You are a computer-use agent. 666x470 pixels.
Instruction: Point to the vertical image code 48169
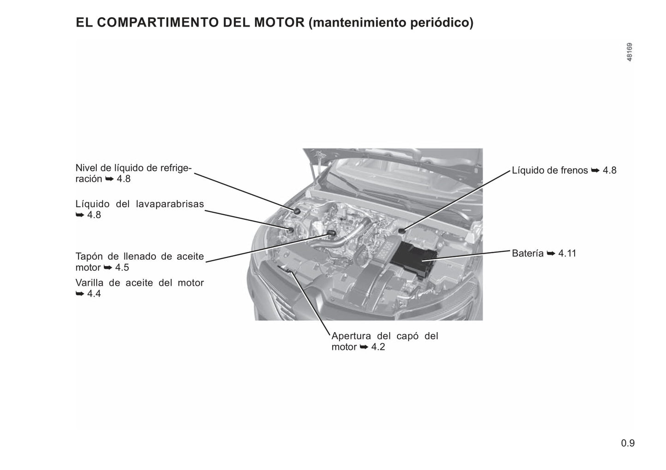point(630,52)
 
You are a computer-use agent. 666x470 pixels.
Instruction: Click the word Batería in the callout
point(527,253)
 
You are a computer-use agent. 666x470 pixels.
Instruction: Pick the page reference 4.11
point(567,253)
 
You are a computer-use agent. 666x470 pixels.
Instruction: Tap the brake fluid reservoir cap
point(402,230)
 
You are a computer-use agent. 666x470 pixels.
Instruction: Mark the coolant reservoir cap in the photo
point(297,211)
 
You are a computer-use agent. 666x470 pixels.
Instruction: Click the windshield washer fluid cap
point(290,230)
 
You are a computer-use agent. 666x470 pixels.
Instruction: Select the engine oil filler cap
point(331,233)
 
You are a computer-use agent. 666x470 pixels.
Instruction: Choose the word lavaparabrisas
point(170,204)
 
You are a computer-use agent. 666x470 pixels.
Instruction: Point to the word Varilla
point(89,283)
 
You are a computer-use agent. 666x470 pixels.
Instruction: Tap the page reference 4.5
point(122,268)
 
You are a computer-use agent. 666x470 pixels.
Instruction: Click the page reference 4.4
point(94,294)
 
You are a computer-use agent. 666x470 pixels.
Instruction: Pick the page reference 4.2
point(378,347)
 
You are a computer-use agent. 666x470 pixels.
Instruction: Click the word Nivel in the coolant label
point(86,168)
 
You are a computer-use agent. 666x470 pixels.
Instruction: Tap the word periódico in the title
point(442,23)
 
